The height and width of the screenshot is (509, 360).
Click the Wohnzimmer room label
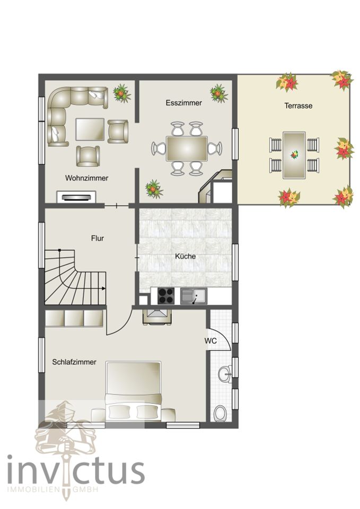coord(86,178)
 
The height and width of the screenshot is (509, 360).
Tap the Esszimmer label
coord(184,103)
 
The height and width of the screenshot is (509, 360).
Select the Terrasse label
coord(298,106)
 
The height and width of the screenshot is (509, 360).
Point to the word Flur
coord(98,238)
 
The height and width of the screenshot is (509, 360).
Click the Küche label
coord(186,256)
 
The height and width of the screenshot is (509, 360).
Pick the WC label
coord(210,341)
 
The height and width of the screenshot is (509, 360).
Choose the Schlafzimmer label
coord(74,362)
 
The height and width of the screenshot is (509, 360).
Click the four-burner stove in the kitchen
coord(166,296)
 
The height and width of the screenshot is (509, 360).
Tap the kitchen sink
coord(193,296)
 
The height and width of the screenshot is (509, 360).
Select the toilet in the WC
coord(220,413)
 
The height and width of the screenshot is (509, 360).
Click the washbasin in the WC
coord(225,374)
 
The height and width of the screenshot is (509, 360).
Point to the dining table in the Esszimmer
coord(187,148)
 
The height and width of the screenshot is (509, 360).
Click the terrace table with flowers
coord(294,155)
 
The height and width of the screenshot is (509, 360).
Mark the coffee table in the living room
coord(90,129)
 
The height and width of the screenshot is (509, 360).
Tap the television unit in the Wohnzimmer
coord(76,197)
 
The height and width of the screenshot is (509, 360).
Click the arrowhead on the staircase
coord(103,288)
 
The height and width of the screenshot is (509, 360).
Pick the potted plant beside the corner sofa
coord(122,93)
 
